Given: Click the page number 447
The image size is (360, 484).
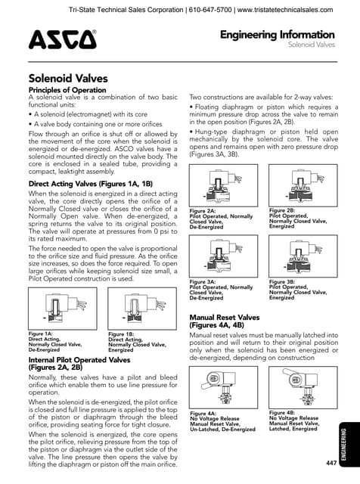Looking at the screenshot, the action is (331, 462).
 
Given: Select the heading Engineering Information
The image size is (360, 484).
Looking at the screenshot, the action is (277, 35).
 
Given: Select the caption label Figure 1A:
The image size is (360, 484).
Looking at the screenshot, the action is (41, 334).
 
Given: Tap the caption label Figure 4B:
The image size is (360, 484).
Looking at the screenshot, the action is (282, 412).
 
